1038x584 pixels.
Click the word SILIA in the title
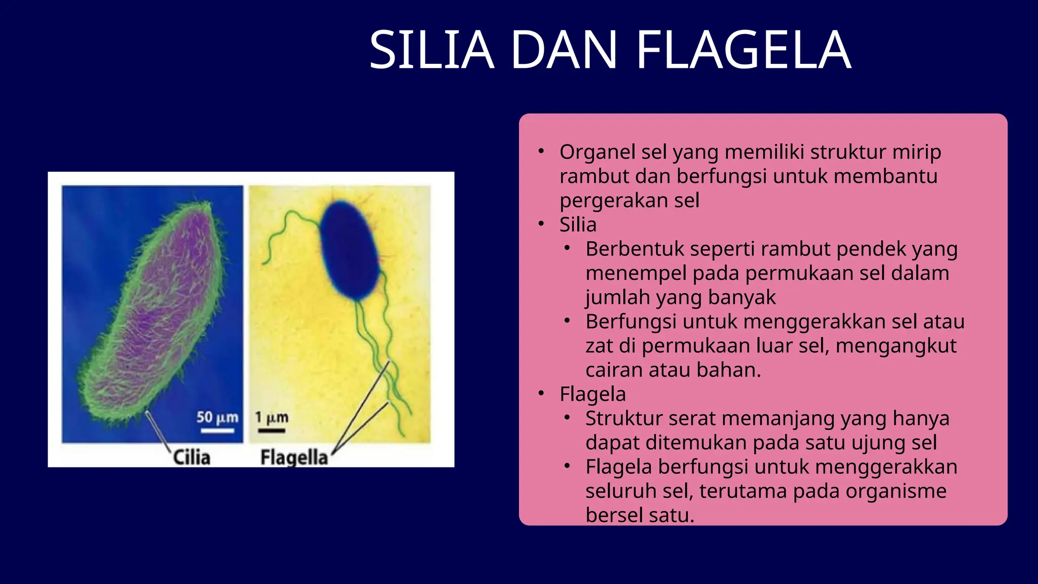(431, 50)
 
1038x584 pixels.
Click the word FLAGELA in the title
(743, 50)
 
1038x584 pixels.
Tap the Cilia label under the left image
(192, 457)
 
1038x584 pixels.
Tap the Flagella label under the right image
(294, 457)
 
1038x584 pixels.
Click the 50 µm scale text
(217, 418)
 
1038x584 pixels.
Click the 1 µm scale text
(272, 418)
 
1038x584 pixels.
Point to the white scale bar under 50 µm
(217, 431)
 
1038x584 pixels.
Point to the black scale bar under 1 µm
(272, 431)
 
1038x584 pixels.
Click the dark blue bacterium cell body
(350, 251)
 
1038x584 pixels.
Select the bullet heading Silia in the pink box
(578, 225)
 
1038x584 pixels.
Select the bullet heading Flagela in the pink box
(592, 394)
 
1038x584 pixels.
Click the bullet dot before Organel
(541, 151)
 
